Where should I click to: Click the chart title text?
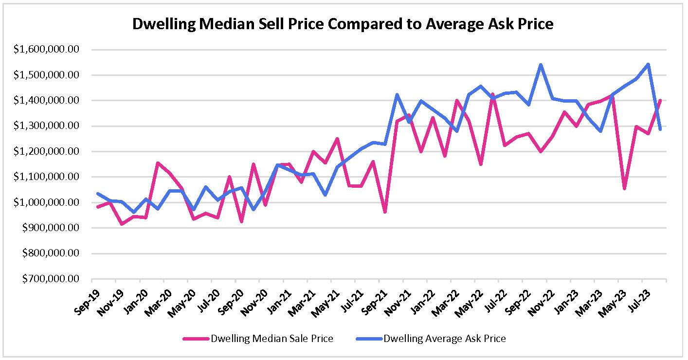coord(343,24)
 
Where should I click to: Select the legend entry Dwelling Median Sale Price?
coord(272,339)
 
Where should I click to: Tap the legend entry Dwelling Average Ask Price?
coord(445,339)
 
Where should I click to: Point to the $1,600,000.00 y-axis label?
coord(47,50)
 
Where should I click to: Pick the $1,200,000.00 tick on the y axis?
coord(47,152)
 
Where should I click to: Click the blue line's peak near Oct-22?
coord(541,65)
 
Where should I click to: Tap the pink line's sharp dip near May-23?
coord(624,189)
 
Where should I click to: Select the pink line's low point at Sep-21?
coord(385,212)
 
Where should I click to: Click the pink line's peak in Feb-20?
coord(157,163)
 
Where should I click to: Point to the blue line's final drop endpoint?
coord(660,129)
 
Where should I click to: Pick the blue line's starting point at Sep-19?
coord(98,194)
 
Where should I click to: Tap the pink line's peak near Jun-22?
coord(492,94)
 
